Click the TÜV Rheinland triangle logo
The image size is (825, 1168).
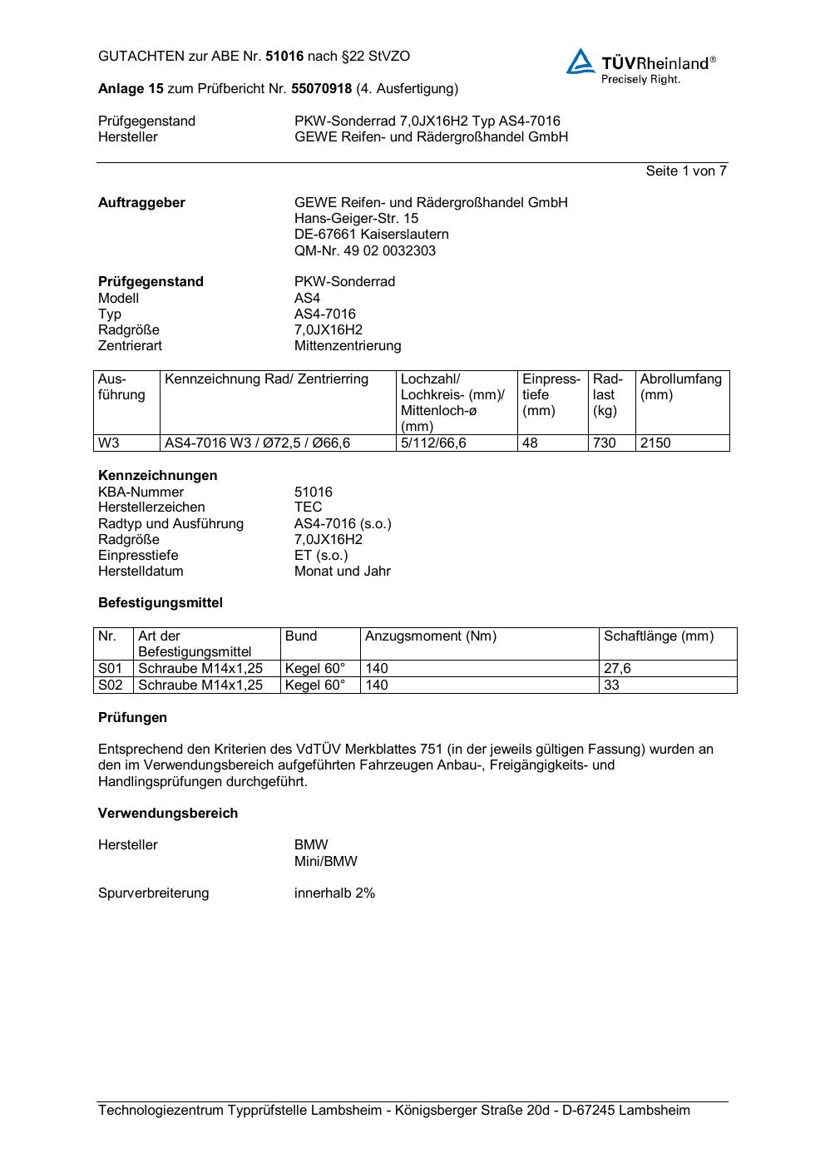[x=580, y=62]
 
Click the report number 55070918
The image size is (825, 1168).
[x=321, y=89]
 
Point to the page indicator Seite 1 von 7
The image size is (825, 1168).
[x=686, y=171]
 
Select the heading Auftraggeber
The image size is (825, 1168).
[x=141, y=203]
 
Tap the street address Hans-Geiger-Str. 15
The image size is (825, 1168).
[x=356, y=219]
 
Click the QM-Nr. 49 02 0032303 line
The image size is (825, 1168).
[x=364, y=251]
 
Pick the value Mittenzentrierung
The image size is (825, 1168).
[x=347, y=346]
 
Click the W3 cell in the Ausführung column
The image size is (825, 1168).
[x=109, y=443]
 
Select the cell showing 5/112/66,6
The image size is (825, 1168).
[x=433, y=443]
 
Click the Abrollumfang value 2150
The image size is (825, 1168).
[x=655, y=443]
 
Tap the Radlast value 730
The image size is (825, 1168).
[x=605, y=443]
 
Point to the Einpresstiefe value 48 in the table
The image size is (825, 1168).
[x=530, y=443]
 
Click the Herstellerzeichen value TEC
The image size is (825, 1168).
[x=308, y=507]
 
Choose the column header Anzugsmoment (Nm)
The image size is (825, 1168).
[x=431, y=636]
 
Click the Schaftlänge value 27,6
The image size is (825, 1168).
[x=617, y=669]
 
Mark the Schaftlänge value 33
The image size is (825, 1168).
[x=612, y=685]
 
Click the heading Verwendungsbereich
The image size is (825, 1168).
[x=168, y=814]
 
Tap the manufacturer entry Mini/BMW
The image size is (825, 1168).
[x=325, y=862]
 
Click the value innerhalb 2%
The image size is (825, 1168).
[x=334, y=893]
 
